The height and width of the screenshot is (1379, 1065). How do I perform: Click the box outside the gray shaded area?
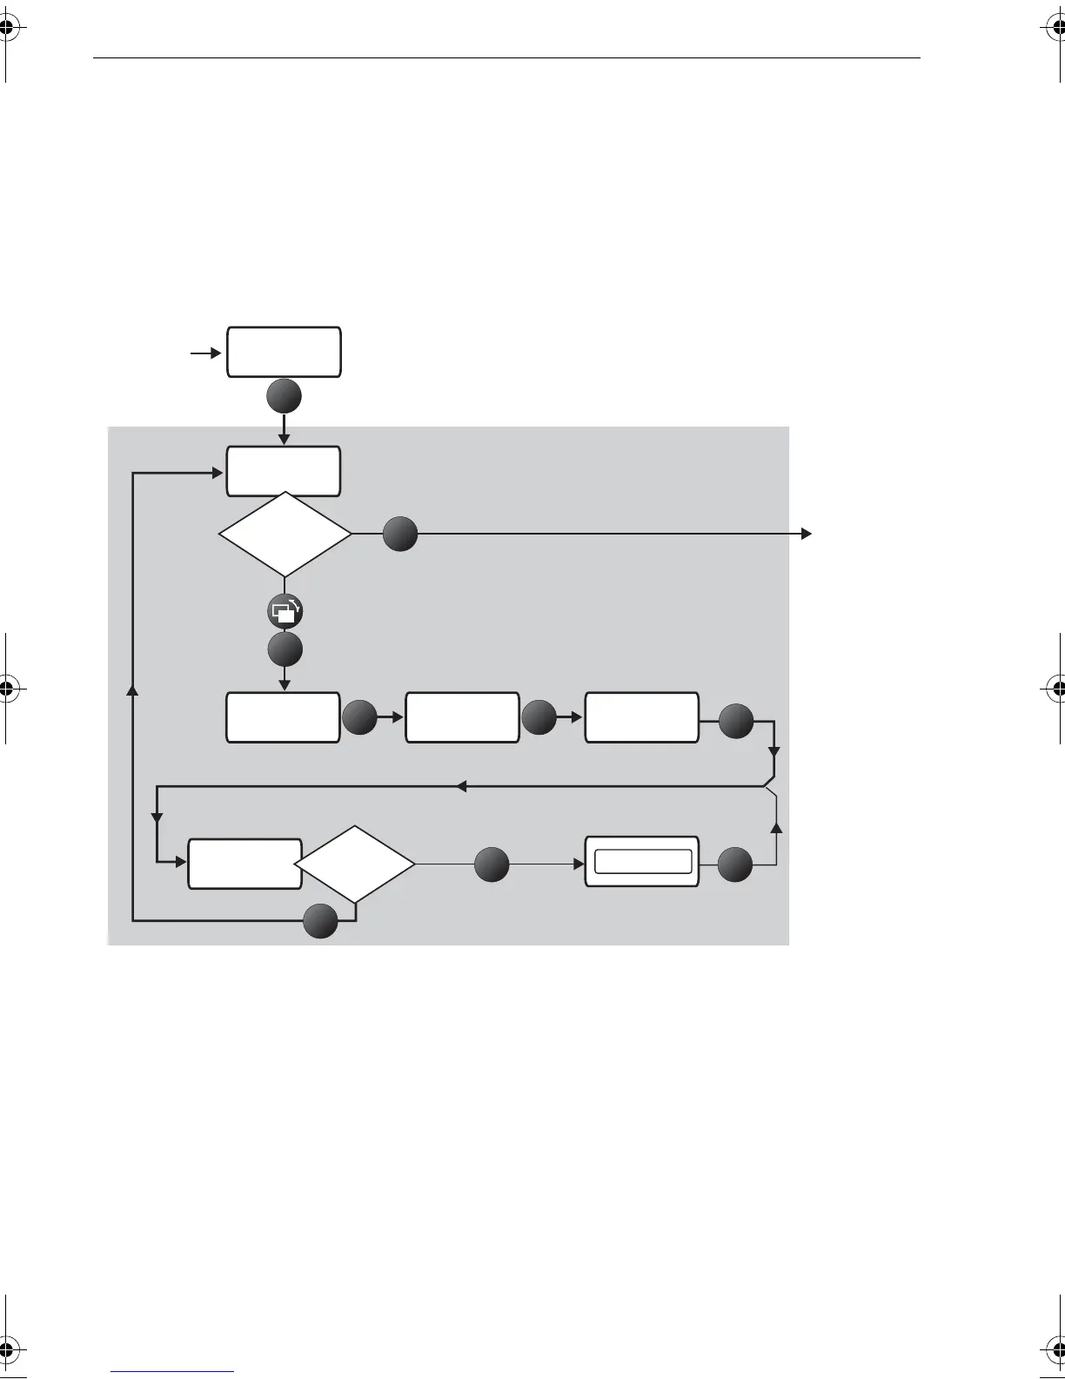284,352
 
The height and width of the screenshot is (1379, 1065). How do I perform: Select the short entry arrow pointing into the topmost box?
205,353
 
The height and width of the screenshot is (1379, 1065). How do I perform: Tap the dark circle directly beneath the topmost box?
285,397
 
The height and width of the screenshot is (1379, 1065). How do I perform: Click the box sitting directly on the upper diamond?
284,470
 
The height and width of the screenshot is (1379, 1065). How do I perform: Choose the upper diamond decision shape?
285,534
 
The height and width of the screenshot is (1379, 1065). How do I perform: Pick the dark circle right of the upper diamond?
400,534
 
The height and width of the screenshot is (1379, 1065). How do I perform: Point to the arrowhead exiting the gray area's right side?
807,534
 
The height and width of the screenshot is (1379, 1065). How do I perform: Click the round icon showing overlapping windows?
285,613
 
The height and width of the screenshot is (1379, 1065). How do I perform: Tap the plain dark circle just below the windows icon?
285,649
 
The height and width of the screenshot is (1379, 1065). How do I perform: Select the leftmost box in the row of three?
283,717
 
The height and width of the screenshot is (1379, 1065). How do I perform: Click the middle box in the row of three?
462,717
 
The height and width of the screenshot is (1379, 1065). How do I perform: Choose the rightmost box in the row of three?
641,717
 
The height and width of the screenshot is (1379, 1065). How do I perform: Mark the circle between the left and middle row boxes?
359,719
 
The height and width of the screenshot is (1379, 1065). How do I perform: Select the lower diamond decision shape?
355,864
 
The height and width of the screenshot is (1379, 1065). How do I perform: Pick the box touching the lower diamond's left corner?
244,864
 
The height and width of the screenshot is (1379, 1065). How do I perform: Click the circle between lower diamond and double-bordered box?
492,864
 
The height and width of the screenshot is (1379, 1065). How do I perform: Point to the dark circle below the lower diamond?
321,920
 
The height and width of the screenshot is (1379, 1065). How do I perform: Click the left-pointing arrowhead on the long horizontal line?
462,787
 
